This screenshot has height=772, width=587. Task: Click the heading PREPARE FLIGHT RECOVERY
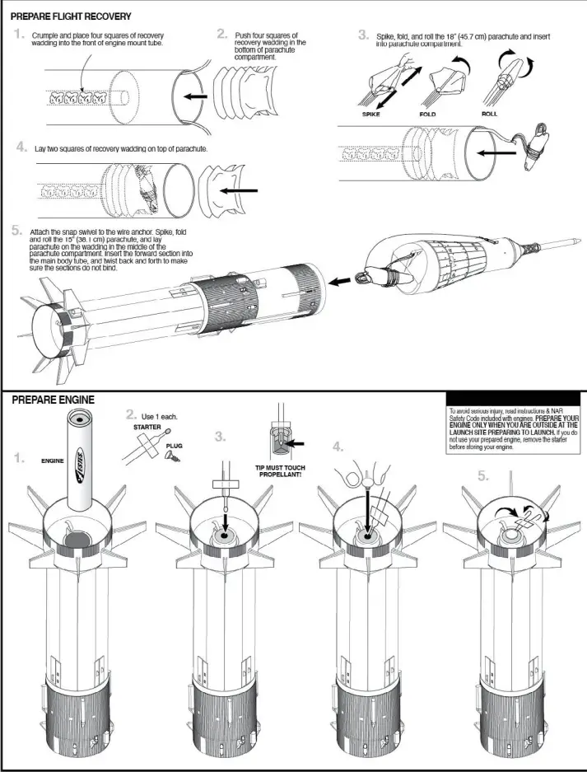(x=71, y=16)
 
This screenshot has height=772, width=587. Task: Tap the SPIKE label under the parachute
(x=370, y=115)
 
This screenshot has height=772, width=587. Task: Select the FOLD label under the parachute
(x=427, y=115)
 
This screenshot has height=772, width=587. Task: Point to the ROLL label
(x=489, y=115)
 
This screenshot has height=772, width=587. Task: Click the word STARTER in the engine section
(x=147, y=428)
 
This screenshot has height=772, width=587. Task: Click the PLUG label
(x=174, y=446)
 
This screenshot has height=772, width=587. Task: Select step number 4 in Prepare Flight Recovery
(x=20, y=147)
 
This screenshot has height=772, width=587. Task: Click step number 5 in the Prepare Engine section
(x=484, y=476)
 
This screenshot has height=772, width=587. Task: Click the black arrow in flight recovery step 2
(x=195, y=96)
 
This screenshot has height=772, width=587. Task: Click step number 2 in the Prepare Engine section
(x=131, y=414)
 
